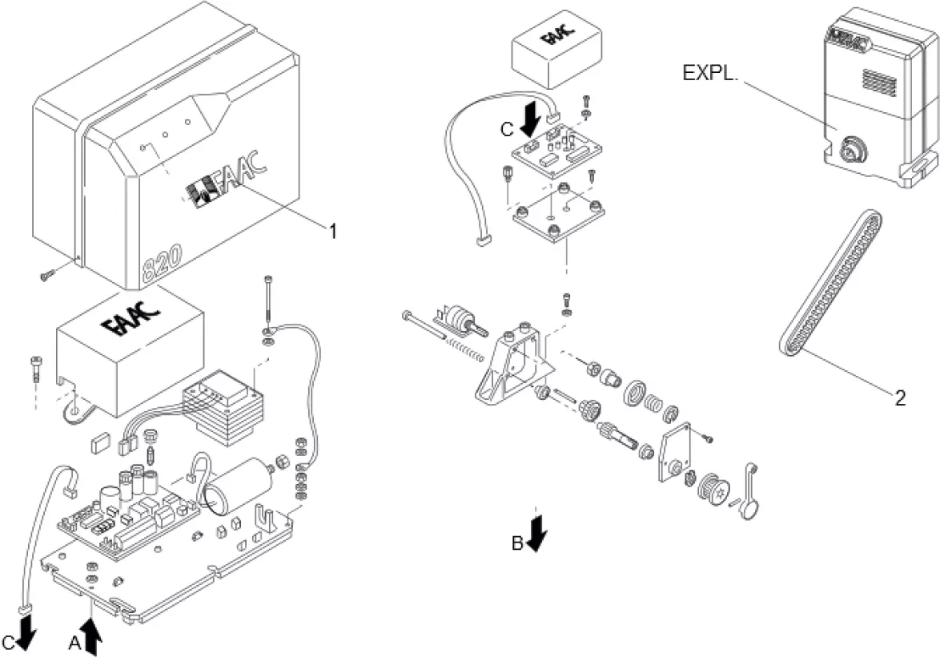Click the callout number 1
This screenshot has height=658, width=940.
(x=330, y=231)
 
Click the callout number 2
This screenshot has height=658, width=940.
(x=900, y=398)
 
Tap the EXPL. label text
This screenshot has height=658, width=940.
(x=710, y=72)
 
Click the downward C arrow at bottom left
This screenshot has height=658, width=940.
(x=26, y=632)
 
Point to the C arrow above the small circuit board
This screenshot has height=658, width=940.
(x=529, y=121)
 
